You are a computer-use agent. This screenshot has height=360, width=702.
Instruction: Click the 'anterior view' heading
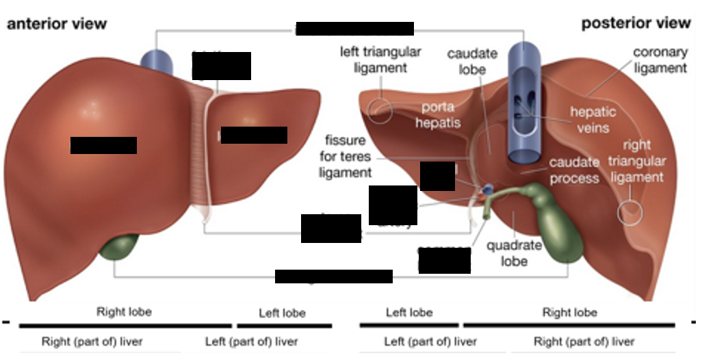(x=57, y=24)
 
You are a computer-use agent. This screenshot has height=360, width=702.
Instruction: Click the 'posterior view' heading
(x=636, y=23)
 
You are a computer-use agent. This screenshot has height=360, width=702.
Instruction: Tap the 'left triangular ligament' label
(x=380, y=60)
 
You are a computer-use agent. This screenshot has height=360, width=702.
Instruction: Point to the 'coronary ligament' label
(x=660, y=60)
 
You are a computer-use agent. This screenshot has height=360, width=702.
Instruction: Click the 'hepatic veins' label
(x=593, y=119)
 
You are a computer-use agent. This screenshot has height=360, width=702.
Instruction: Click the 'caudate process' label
(x=574, y=170)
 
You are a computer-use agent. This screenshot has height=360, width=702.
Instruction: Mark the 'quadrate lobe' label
(x=514, y=253)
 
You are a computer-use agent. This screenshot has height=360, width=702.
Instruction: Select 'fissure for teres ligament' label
(x=346, y=157)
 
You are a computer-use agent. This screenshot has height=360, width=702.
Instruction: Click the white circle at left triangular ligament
(x=380, y=111)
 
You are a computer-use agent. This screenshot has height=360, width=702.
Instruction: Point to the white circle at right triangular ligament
(x=630, y=212)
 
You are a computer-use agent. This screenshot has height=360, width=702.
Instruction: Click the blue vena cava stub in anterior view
(x=157, y=61)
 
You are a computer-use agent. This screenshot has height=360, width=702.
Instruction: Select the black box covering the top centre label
(x=354, y=29)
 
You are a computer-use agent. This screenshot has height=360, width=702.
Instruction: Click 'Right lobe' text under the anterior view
(x=124, y=312)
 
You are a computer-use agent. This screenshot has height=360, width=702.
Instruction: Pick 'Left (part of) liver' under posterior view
(x=430, y=342)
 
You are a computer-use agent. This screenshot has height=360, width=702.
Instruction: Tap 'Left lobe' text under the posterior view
(x=409, y=313)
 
